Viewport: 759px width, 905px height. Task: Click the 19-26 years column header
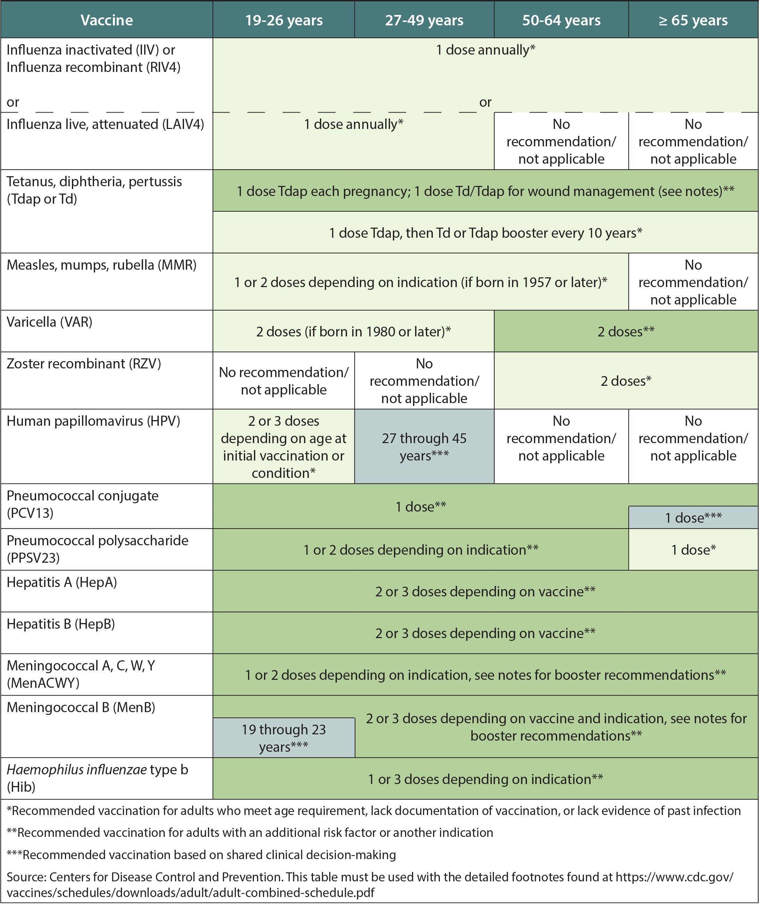click(x=284, y=20)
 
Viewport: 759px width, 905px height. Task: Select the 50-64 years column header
click(x=561, y=20)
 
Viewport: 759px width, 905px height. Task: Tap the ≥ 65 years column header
click(x=693, y=20)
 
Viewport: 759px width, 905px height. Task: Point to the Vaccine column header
click(x=107, y=20)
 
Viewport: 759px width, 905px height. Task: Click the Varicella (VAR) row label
click(x=50, y=322)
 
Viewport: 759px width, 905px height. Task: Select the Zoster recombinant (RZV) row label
click(x=84, y=364)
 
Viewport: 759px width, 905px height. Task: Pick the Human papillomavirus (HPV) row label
click(x=93, y=421)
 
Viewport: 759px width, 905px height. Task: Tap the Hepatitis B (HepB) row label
click(x=61, y=624)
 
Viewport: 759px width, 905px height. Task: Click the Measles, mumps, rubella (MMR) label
click(x=102, y=265)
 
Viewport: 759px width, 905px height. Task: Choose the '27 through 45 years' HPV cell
click(x=424, y=447)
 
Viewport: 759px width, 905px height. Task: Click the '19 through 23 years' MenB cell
click(x=284, y=737)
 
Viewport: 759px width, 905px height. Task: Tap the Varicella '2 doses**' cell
click(x=626, y=332)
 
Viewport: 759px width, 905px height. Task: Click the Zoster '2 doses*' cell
click(x=626, y=381)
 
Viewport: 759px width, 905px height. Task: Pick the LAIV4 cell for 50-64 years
click(x=561, y=141)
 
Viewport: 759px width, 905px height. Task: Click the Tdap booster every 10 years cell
click(x=486, y=233)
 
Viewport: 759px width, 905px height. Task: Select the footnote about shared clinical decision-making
click(x=201, y=855)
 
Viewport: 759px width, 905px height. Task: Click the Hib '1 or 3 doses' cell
click(x=486, y=779)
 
